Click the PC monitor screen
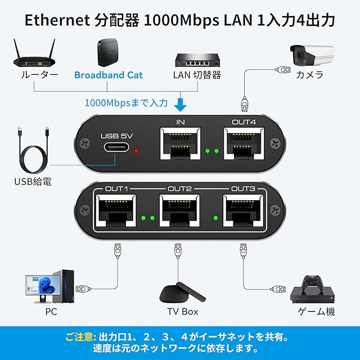click(39, 285)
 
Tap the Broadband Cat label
click(109, 75)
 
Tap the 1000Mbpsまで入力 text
click(126, 103)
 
